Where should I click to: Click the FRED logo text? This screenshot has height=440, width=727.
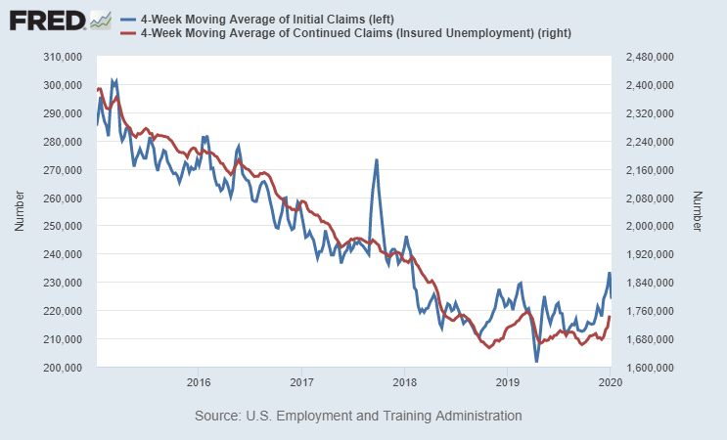pos(45,20)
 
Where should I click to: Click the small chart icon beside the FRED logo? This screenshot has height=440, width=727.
pos(100,20)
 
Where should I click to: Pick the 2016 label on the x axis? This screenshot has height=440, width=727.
pos(199,381)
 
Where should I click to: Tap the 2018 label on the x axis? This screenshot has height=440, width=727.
pos(404,381)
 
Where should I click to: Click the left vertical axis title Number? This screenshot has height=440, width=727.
pos(19,212)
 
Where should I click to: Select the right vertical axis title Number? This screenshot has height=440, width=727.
pos(697,212)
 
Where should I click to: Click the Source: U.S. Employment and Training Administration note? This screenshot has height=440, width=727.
pos(358,416)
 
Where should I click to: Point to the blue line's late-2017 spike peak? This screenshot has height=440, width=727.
pos(376,159)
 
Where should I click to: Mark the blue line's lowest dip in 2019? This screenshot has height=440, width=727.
pos(536,362)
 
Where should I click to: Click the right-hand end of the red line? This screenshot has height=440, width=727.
pos(611,317)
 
